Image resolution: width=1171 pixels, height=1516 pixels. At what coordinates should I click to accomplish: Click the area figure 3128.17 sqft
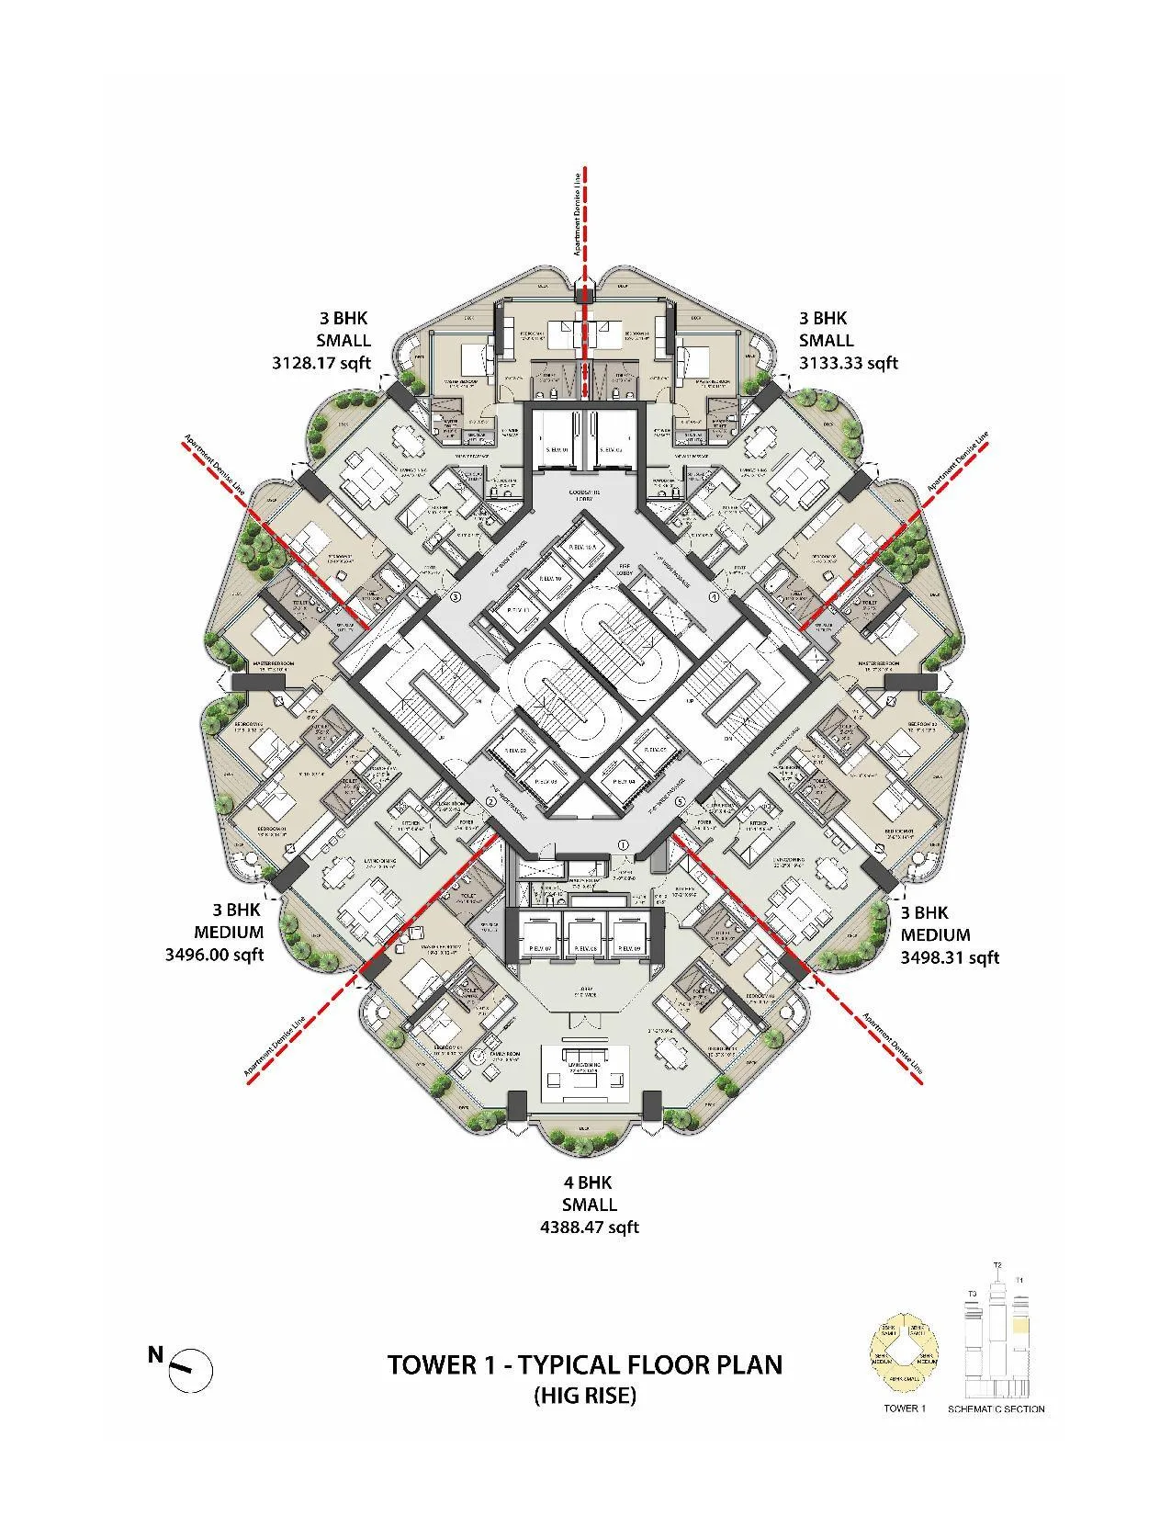pos(321,363)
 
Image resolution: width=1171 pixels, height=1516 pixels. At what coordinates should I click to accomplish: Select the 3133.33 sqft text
pos(848,363)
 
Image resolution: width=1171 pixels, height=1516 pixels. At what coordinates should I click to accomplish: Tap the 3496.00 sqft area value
pos(214,955)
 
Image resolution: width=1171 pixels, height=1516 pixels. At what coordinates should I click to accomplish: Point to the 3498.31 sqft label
pos(950,957)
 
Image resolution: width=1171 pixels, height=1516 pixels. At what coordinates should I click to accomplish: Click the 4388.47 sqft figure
pos(589,1227)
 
